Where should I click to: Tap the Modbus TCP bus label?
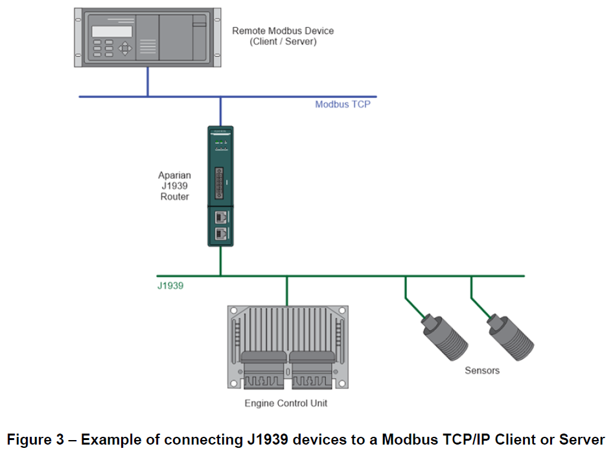[342, 104]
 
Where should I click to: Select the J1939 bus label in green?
[170, 285]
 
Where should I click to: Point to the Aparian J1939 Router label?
[174, 186]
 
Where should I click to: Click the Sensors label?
[482, 370]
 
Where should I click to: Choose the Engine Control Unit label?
[286, 403]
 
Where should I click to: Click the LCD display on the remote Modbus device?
[111, 31]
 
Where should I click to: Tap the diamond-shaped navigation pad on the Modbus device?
[126, 48]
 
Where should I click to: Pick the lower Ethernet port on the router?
[220, 233]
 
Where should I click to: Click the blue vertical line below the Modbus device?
[147, 82]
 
